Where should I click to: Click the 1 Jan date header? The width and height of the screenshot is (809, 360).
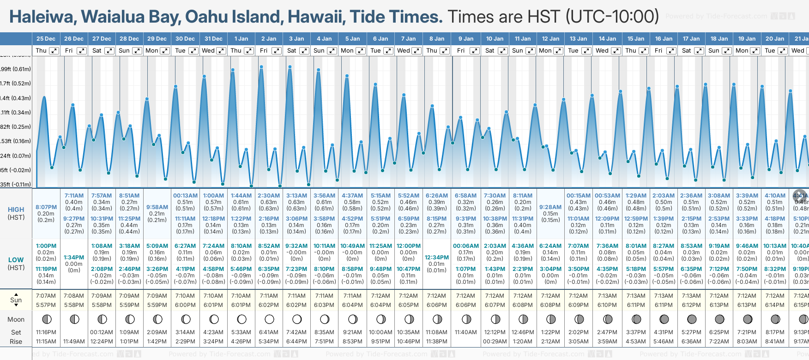(x=241, y=39)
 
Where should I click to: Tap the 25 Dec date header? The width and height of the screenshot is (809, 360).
(x=46, y=39)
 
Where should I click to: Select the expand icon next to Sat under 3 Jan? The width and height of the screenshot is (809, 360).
(x=304, y=51)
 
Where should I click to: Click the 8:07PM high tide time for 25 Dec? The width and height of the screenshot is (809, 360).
(x=46, y=207)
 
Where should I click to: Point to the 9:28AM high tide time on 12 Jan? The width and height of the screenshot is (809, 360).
(x=550, y=207)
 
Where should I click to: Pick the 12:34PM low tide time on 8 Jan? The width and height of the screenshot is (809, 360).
(x=436, y=258)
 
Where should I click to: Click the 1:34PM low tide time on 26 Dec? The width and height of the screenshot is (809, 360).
(x=74, y=258)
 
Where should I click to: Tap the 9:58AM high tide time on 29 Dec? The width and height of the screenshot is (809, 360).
(x=157, y=207)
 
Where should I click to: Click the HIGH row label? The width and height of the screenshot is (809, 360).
(x=16, y=210)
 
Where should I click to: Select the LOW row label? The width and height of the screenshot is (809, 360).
(x=16, y=260)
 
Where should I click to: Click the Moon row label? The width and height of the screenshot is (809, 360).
(x=16, y=319)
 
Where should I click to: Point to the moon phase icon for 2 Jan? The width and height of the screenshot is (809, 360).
(x=269, y=319)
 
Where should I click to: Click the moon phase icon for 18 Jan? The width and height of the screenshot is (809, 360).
(x=719, y=319)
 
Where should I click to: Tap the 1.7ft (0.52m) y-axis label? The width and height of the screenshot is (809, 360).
(x=16, y=84)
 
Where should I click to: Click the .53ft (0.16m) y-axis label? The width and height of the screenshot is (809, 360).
(x=16, y=141)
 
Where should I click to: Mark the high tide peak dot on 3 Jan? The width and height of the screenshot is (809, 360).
(x=290, y=67)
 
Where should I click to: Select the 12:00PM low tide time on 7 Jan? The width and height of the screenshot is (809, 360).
(x=409, y=246)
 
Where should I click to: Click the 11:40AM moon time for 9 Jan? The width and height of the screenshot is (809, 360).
(x=465, y=332)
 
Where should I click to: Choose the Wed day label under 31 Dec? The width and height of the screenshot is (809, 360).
(x=208, y=51)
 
